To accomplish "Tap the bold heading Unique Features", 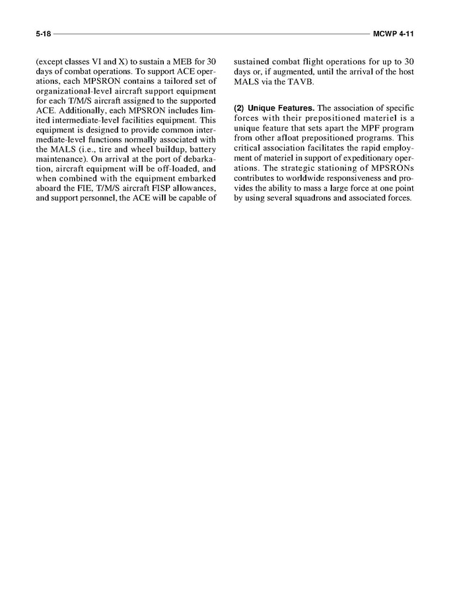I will click(x=281, y=108).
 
